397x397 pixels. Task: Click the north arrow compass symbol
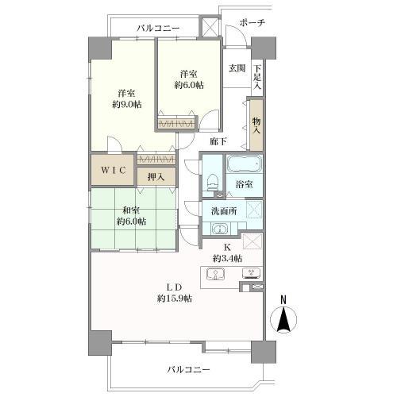tap(283, 318)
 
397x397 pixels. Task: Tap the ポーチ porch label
tap(252, 23)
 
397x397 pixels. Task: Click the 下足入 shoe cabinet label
tap(257, 77)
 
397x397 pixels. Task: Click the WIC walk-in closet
tap(110, 170)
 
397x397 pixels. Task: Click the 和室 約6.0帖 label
tap(131, 216)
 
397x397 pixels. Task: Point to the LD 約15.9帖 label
tap(174, 292)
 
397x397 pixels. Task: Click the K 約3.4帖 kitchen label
tap(227, 252)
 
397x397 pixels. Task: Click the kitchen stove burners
tap(251, 275)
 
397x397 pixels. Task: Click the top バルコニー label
tap(158, 29)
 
